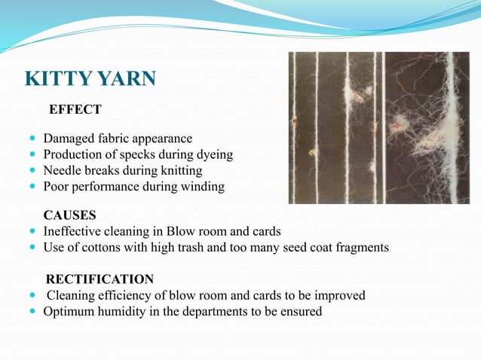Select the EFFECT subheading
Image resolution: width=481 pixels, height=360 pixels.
[75, 110]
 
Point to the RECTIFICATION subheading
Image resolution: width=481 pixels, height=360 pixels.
[100, 279]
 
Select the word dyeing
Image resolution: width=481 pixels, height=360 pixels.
[213, 155]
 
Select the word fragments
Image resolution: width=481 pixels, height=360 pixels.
[360, 247]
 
